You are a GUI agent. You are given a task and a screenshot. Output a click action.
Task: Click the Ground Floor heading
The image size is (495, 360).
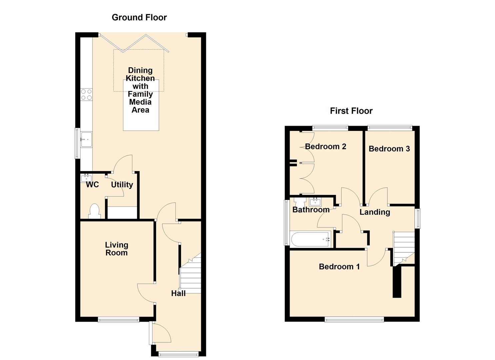[139, 17]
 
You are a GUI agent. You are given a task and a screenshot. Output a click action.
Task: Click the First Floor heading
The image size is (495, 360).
[351, 111]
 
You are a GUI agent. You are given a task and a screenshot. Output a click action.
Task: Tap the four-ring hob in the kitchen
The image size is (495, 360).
[86, 94]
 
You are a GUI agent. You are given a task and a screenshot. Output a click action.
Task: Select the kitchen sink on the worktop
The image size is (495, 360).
[86, 139]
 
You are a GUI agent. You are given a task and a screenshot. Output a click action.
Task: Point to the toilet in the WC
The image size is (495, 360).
[95, 211]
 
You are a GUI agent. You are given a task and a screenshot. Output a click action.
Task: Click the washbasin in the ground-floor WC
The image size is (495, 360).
[86, 178]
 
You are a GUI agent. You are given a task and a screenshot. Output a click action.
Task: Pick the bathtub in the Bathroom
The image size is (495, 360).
[311, 239]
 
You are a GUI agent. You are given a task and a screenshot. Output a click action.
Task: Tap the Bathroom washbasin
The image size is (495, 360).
[315, 202]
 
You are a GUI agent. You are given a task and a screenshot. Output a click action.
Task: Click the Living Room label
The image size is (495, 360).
[116, 249]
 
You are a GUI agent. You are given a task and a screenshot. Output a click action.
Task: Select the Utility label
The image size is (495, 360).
[122, 185]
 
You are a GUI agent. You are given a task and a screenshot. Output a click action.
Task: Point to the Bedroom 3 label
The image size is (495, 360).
[389, 149]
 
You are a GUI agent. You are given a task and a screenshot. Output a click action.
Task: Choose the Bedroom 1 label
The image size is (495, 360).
[339, 267]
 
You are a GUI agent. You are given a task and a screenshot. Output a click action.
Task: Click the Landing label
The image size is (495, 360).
[375, 212]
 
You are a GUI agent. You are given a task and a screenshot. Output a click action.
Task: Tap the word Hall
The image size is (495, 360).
[178, 293]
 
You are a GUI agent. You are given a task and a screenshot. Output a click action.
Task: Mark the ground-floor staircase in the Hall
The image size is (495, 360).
[190, 273]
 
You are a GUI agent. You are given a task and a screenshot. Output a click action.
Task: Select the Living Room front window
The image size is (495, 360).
[118, 319]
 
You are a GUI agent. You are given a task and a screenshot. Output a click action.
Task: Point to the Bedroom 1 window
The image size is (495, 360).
[354, 319]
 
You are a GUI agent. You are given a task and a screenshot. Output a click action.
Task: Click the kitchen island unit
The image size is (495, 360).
[141, 105]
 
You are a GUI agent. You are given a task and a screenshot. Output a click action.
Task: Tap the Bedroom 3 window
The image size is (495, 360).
[390, 128]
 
